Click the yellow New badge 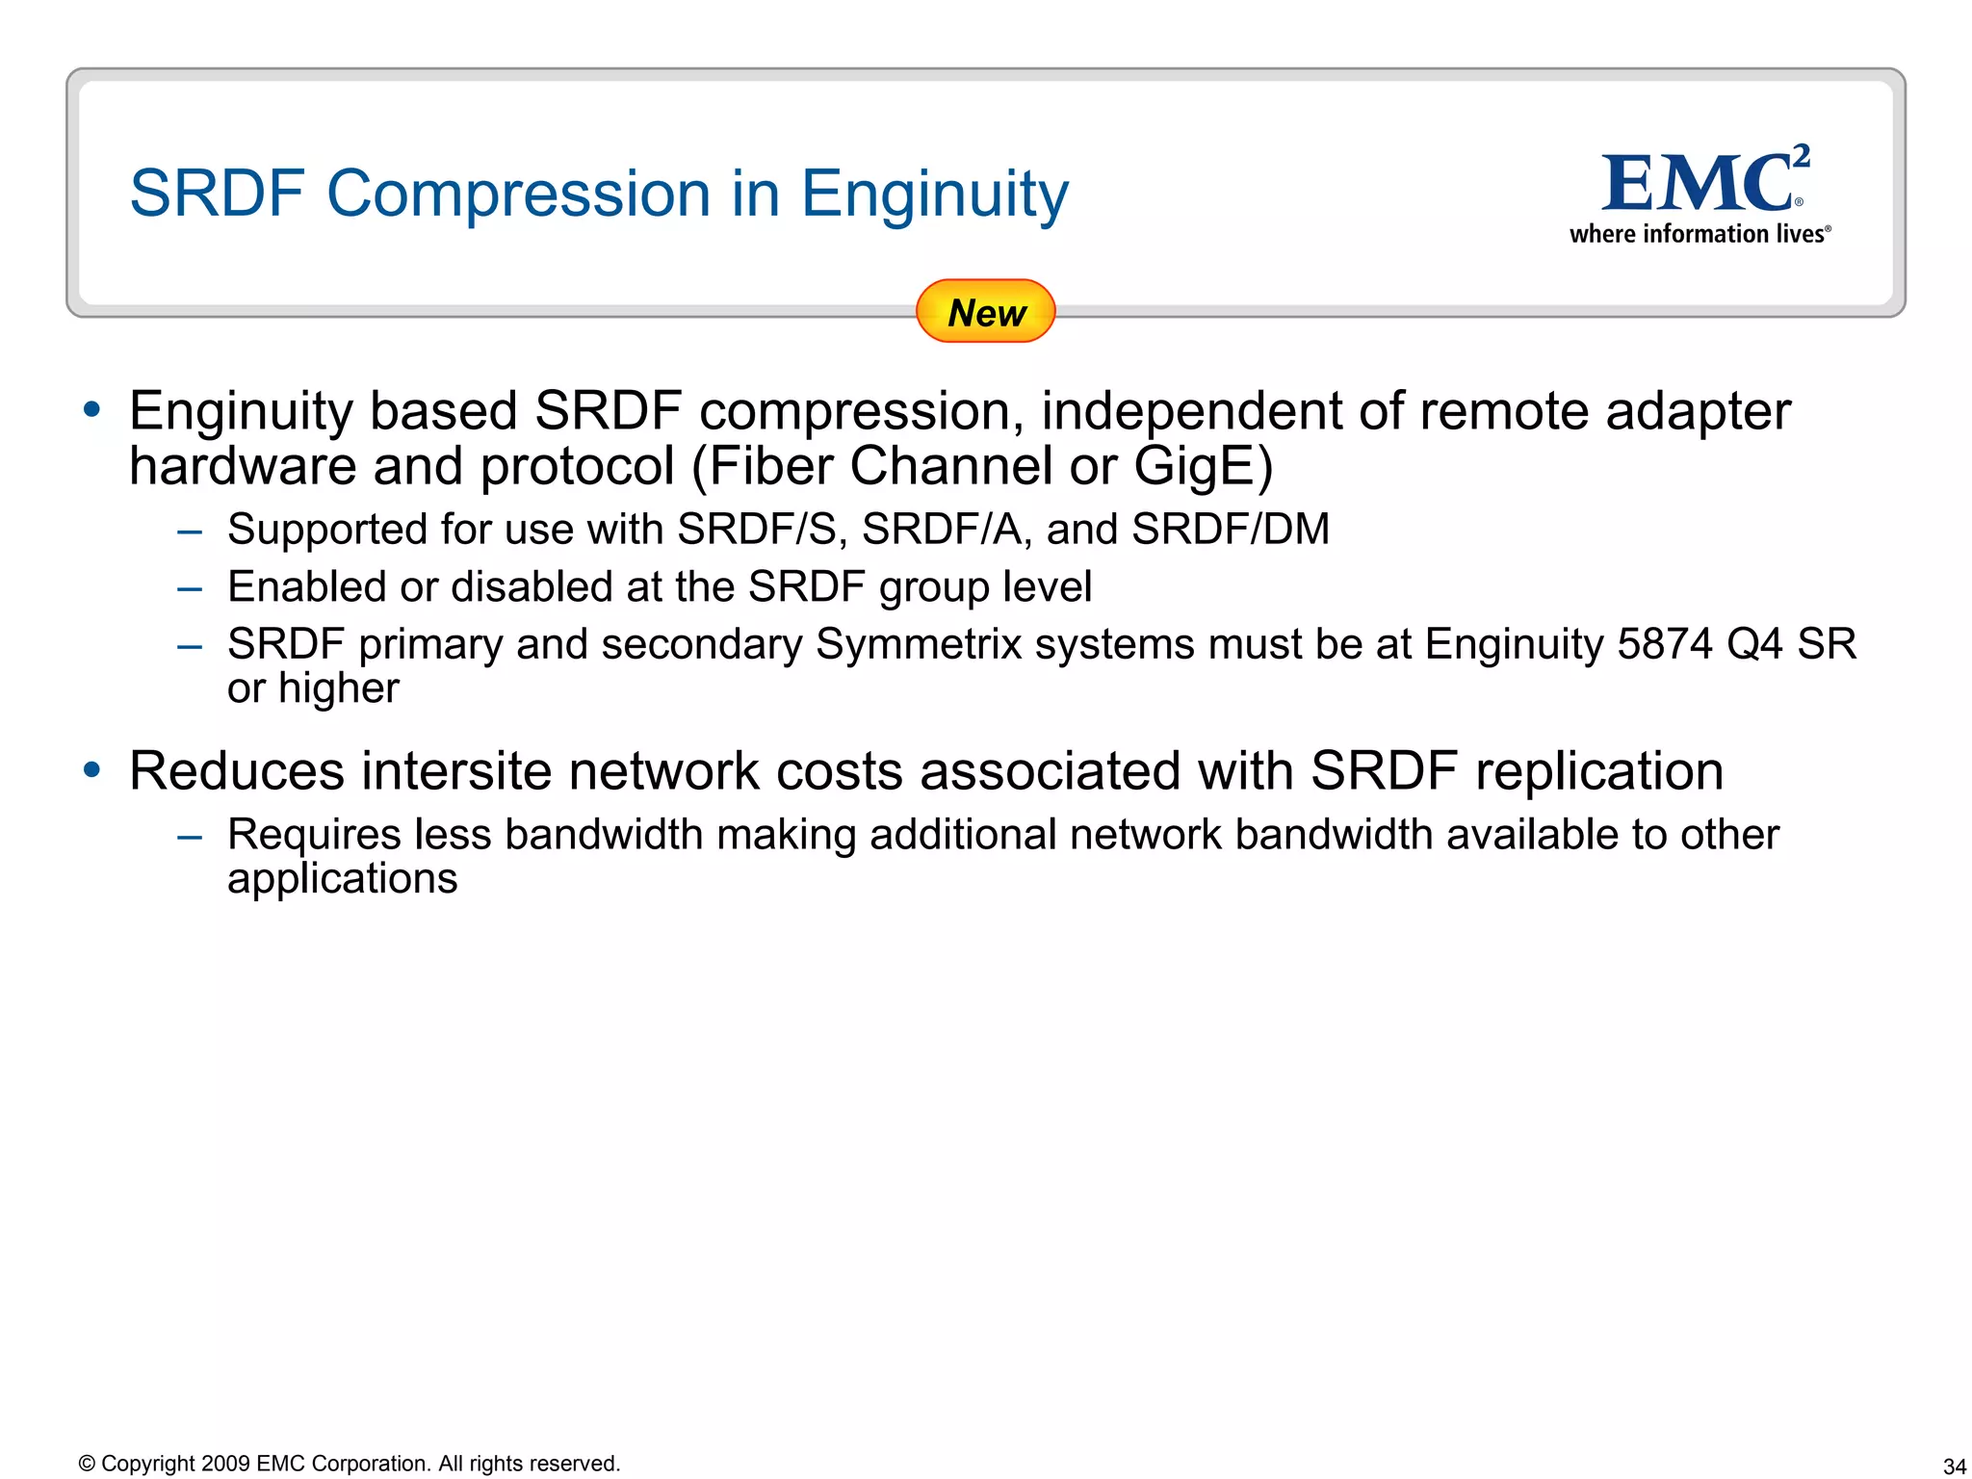(x=985, y=311)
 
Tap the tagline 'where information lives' (x=1700, y=234)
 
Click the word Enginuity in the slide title (x=934, y=195)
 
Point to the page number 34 (x=1954, y=1466)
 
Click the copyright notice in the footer (x=350, y=1464)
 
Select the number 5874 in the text (x=1665, y=643)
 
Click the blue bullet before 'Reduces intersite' (x=92, y=769)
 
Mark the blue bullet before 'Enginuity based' (x=92, y=409)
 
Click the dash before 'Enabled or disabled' (x=190, y=588)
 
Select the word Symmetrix (x=919, y=643)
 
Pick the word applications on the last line (x=342, y=878)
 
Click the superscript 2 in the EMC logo (x=1802, y=155)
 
